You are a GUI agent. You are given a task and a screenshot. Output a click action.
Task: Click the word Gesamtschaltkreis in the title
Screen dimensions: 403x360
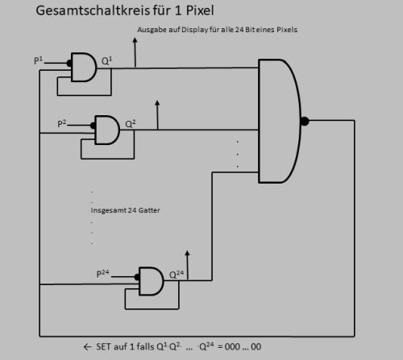pyautogui.click(x=93, y=11)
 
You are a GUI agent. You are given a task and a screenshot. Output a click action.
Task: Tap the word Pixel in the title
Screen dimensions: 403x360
pyautogui.click(x=200, y=10)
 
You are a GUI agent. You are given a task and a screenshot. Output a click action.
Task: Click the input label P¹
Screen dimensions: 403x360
pyautogui.click(x=38, y=60)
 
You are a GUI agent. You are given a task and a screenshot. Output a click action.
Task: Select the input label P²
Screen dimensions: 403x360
pyautogui.click(x=62, y=123)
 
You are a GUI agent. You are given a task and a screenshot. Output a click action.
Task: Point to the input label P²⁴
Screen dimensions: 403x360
pyautogui.click(x=102, y=273)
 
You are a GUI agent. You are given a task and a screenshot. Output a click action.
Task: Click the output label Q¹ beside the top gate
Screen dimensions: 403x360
pyautogui.click(x=106, y=61)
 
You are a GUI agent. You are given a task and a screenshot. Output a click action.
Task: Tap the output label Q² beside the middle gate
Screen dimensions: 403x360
pyautogui.click(x=131, y=124)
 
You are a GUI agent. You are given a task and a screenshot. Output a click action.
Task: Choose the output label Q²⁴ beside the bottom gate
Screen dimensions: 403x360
pyautogui.click(x=177, y=275)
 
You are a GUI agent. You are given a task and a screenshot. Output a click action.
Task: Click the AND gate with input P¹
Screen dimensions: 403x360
pyautogui.click(x=84, y=67)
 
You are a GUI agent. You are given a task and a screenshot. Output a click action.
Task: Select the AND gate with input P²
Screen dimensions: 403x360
pyautogui.click(x=107, y=130)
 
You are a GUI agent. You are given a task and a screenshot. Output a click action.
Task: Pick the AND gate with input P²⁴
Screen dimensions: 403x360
pyautogui.click(x=152, y=281)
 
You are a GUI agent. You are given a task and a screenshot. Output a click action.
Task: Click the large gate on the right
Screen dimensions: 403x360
pyautogui.click(x=280, y=121)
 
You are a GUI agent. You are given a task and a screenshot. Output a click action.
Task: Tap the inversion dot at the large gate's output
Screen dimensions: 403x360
pyautogui.click(x=305, y=121)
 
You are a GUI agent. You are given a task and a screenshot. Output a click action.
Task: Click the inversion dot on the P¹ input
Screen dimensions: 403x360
pyautogui.click(x=69, y=64)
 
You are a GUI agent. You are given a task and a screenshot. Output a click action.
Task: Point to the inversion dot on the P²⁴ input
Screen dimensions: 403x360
pyautogui.click(x=137, y=277)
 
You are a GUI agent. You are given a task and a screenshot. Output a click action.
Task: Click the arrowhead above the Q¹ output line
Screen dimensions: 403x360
pyautogui.click(x=135, y=40)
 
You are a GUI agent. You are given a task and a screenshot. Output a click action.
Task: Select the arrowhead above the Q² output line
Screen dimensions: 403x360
pyautogui.click(x=157, y=103)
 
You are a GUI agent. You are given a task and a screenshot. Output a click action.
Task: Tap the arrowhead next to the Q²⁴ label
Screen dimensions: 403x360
pyautogui.click(x=188, y=253)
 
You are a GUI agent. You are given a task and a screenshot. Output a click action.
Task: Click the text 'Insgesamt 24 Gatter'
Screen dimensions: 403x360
pyautogui.click(x=125, y=210)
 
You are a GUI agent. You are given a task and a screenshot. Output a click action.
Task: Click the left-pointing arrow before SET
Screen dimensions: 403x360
pyautogui.click(x=88, y=347)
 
